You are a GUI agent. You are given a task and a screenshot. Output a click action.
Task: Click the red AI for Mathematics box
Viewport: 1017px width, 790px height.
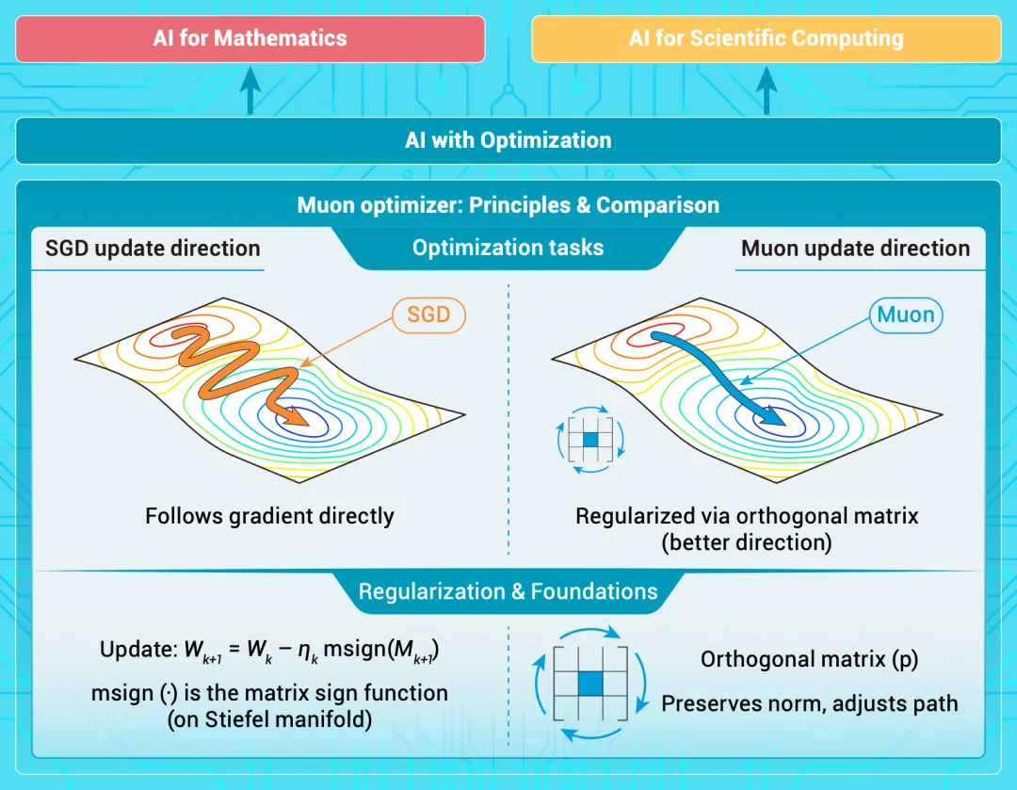tap(250, 39)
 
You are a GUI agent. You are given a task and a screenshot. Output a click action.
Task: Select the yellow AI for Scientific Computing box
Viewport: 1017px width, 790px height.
tap(766, 39)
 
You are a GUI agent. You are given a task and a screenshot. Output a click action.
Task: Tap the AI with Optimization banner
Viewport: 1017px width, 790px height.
tap(508, 140)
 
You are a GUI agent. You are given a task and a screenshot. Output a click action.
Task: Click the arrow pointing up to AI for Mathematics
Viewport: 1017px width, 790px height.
tap(250, 90)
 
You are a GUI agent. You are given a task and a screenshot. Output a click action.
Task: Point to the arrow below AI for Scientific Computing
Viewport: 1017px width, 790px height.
tap(767, 90)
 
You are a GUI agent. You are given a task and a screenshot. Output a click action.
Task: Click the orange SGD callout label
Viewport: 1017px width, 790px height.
tap(428, 315)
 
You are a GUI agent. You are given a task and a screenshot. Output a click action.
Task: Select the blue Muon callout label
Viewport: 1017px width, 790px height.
tap(906, 315)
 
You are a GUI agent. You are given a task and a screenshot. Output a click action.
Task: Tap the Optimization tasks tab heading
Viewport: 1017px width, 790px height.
tap(508, 248)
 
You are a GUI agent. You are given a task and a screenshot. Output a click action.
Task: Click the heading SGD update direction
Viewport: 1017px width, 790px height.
tap(153, 249)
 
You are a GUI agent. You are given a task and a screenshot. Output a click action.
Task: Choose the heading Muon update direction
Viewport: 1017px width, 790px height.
tap(855, 249)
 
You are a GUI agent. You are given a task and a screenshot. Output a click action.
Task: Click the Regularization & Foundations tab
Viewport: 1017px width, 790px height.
tap(508, 591)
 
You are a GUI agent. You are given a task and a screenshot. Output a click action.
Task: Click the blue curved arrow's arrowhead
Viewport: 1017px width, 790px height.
tap(771, 415)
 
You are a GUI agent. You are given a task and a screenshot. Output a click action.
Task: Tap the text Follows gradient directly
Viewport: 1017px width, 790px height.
tap(269, 516)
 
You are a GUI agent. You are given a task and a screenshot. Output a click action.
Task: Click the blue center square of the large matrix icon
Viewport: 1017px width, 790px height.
tap(590, 684)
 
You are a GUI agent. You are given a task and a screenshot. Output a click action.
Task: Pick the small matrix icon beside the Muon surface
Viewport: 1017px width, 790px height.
tap(590, 440)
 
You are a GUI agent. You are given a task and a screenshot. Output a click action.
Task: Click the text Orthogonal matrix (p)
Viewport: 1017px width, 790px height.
tap(810, 660)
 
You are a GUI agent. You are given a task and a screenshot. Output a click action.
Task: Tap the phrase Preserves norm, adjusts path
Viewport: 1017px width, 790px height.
tap(810, 703)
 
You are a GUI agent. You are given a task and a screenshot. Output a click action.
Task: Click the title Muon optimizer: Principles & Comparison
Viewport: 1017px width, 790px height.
tap(508, 205)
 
